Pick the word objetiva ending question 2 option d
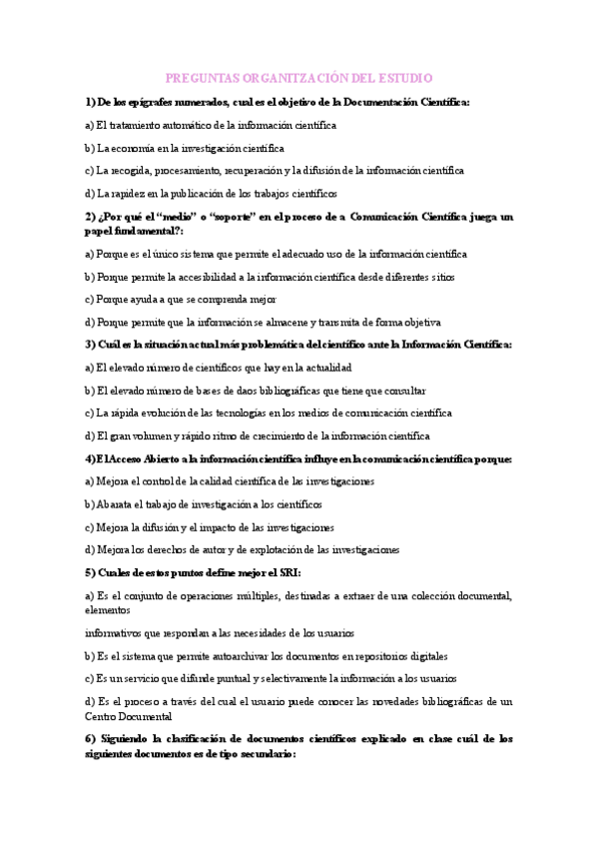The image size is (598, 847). click(x=420, y=322)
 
